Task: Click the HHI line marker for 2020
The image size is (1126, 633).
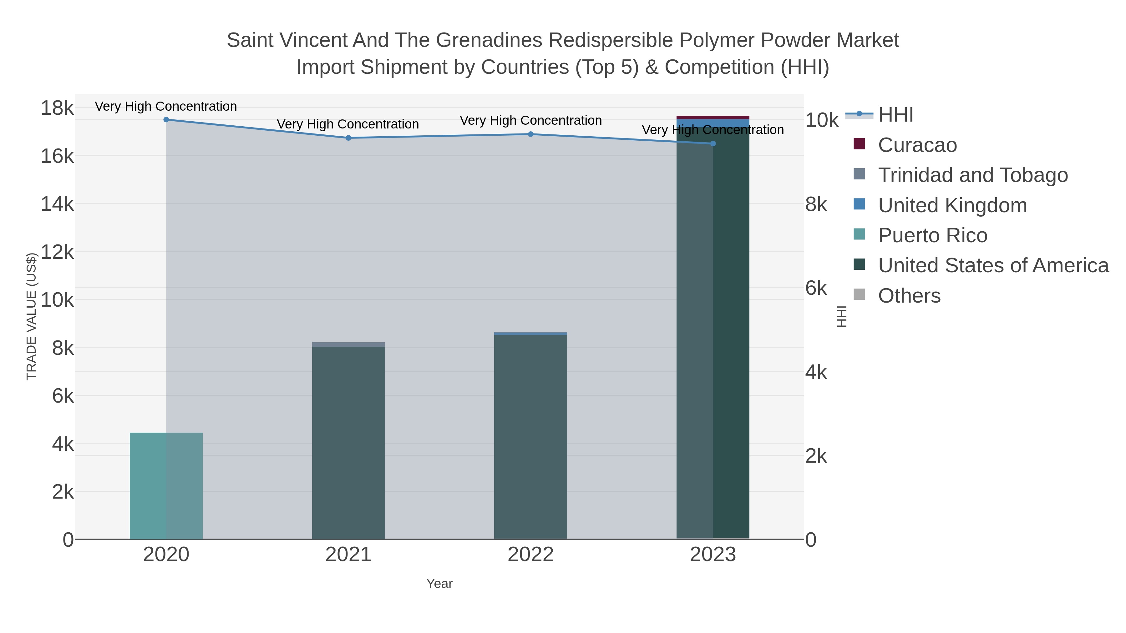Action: click(166, 120)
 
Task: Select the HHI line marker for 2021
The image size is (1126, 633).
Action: click(348, 138)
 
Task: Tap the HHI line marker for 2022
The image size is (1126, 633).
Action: click(531, 134)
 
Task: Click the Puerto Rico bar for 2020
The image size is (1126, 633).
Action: click(166, 485)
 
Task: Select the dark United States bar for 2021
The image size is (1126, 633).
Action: click(348, 441)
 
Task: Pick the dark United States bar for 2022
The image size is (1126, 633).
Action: click(531, 437)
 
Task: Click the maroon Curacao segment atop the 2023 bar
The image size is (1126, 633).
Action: click(713, 118)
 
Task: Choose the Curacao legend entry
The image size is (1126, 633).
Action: click(917, 145)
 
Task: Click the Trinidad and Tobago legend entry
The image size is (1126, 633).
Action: click(972, 175)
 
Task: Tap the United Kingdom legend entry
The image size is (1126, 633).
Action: click(952, 205)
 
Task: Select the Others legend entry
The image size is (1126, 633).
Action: click(909, 296)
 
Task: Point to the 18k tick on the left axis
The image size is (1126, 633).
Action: click(57, 108)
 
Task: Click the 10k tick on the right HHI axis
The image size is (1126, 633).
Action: click(822, 120)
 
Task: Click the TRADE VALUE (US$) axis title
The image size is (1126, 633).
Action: click(32, 316)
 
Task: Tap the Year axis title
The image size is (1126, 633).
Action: click(439, 584)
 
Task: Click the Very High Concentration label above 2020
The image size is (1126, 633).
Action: click(166, 106)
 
